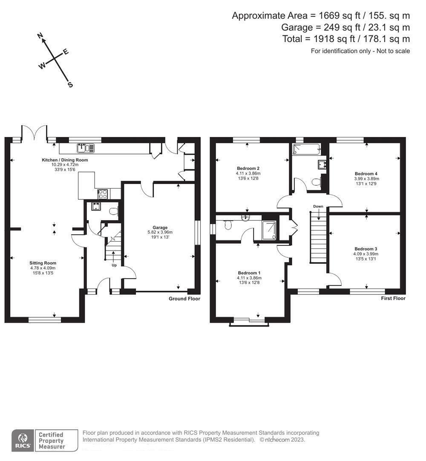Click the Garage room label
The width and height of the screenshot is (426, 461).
coord(161,228)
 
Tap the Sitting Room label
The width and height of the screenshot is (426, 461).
coord(43,263)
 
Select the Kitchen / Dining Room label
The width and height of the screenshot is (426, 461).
coord(65,160)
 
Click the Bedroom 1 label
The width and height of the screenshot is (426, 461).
coord(249,273)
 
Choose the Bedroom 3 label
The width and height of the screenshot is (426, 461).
coord(366,248)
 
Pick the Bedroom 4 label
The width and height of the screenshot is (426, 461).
coord(366,174)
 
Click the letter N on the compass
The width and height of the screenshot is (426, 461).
coord(41,37)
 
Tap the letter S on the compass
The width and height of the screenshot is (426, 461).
coord(70,85)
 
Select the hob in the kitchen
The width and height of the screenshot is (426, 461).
coord(103,194)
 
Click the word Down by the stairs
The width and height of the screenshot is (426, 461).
coord(318,206)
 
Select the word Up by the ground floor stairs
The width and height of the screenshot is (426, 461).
coord(114,265)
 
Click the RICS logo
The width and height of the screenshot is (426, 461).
coord(23,440)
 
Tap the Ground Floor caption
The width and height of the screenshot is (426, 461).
coord(184,299)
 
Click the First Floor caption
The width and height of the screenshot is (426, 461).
coord(393,298)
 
